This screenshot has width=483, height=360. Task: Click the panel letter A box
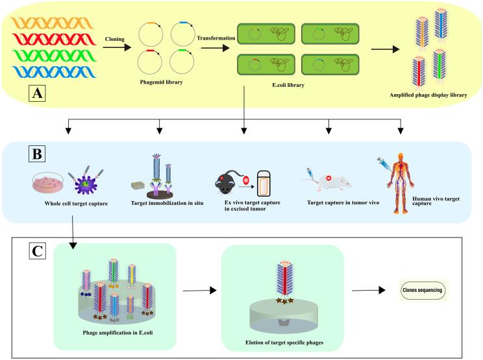[x=37, y=93]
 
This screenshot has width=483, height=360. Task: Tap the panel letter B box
[x=37, y=154]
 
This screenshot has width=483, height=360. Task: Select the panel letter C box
[x=37, y=251]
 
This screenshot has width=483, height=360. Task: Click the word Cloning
[x=115, y=39]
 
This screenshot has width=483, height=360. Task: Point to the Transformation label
[x=216, y=38]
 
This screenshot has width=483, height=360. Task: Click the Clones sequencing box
[x=423, y=290]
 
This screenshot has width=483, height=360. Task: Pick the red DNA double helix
[x=55, y=40]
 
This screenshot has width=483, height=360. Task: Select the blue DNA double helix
[x=55, y=72]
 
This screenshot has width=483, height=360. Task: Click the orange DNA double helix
[x=53, y=23]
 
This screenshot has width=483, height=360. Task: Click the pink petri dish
[x=48, y=182]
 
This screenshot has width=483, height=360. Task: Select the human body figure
[x=401, y=183]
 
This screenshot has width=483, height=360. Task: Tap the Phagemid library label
[x=161, y=82]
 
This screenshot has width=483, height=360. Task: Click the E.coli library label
[x=288, y=85]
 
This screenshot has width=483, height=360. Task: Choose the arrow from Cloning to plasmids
[x=117, y=47]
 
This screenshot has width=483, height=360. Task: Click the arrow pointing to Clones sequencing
[x=368, y=290]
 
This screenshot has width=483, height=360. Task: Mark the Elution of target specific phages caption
[x=284, y=342]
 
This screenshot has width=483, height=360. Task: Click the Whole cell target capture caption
[x=76, y=204]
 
